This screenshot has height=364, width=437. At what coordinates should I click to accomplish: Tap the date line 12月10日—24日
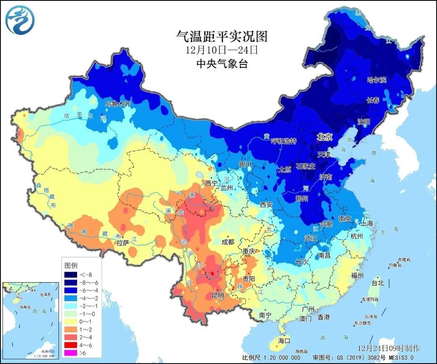point(222,50)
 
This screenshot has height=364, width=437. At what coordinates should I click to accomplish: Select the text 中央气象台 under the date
point(222,64)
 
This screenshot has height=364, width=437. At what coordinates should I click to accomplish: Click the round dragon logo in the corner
point(20,19)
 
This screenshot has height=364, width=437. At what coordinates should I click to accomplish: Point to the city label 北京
point(324,137)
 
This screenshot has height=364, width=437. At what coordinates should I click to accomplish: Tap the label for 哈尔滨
point(377,80)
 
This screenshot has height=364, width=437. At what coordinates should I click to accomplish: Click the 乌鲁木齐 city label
point(118,104)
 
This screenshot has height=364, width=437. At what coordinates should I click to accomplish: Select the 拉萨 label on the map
point(123,242)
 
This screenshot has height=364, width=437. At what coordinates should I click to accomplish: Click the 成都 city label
point(228,242)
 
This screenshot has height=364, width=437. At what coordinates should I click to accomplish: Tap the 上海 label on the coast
point(366,224)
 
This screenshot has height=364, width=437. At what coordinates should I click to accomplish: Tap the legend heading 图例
point(70,266)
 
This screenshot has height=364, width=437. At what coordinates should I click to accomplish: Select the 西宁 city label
point(211,183)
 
